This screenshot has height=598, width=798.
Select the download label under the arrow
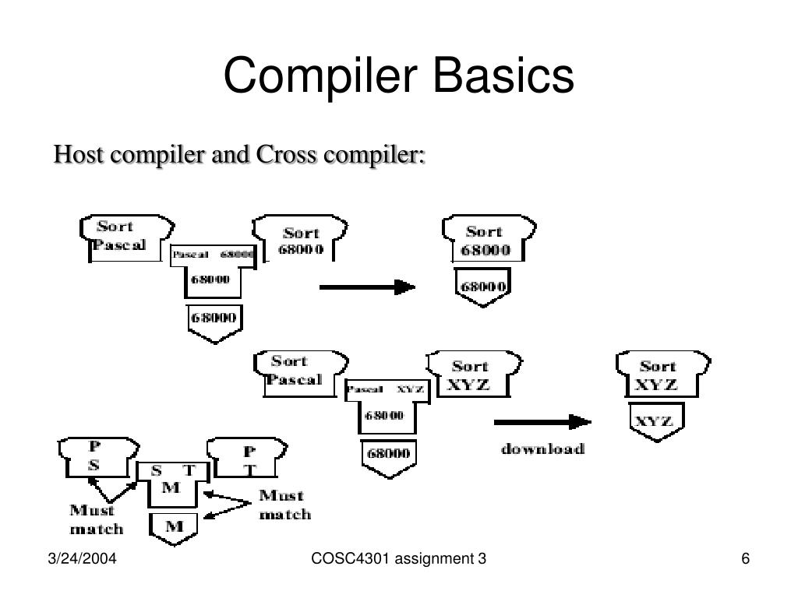point(542,449)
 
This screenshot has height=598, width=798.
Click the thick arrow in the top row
point(367,287)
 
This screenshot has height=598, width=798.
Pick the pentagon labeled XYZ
point(655,421)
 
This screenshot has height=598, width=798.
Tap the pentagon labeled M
point(174,527)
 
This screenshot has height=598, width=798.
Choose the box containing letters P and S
point(98,458)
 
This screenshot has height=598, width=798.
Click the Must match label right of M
point(284,505)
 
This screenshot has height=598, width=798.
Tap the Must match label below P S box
point(96,519)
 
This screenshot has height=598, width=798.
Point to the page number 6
point(745,560)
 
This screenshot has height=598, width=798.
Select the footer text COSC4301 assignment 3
point(399,560)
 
